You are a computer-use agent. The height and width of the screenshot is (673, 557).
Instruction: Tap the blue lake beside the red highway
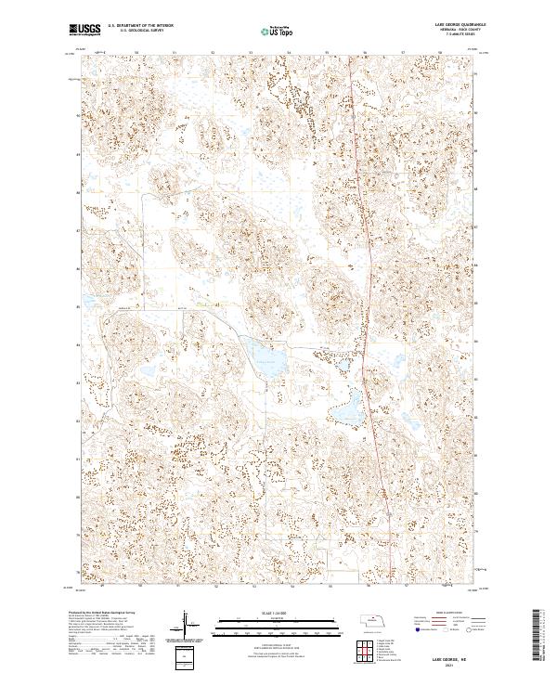[350, 406]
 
